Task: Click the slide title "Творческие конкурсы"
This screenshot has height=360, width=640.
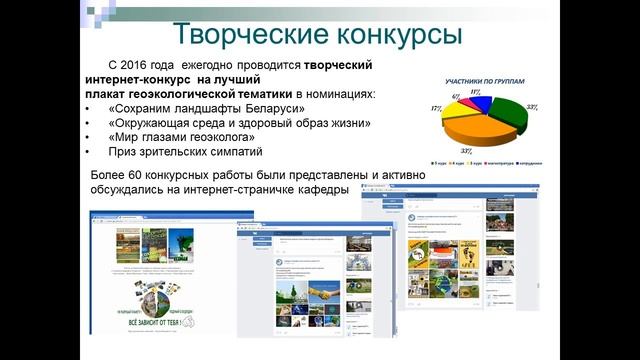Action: coord(318,33)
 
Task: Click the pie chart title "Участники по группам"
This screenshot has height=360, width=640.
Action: coord(480,79)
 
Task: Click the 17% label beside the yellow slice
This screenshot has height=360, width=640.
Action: coord(436,107)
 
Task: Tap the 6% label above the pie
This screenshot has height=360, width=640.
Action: coord(456,96)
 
